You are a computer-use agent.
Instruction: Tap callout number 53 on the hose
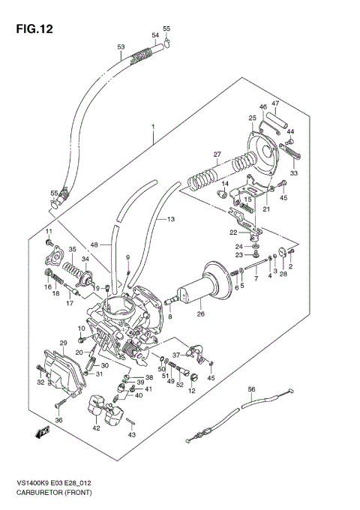121,47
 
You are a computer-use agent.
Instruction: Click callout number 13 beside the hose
170,219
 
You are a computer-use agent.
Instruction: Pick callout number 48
94,244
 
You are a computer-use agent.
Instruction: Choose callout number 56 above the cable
252,388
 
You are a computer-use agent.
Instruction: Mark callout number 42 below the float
96,427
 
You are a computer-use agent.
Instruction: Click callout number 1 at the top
152,128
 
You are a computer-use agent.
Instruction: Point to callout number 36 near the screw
58,420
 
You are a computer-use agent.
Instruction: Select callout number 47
275,103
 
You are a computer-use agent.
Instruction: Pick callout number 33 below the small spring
294,172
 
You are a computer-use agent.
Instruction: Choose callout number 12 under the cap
192,391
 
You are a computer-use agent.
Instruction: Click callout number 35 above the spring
72,250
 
